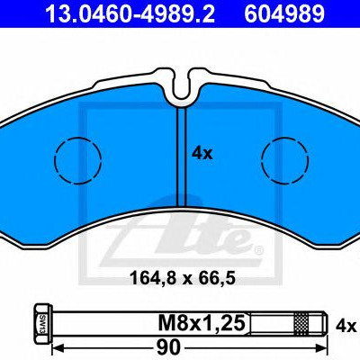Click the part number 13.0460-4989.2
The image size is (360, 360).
click(x=130, y=13)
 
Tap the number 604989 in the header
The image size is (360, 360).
click(x=284, y=13)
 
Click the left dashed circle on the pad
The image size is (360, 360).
click(x=78, y=160)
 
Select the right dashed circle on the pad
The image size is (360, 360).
click(x=284, y=160)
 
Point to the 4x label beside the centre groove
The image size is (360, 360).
click(x=202, y=154)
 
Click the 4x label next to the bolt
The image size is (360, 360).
click(x=346, y=327)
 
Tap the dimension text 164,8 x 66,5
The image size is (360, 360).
click(x=183, y=278)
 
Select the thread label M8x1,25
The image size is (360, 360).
click(x=202, y=323)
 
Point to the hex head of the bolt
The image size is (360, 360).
click(x=43, y=324)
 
